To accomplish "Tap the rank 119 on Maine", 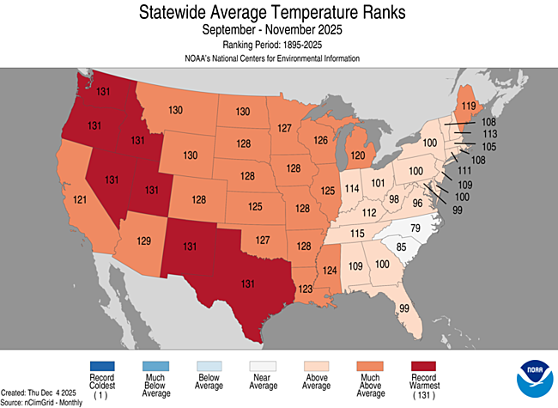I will (469, 107).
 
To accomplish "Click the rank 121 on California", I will (79, 199).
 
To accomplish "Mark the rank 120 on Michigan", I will (356, 156).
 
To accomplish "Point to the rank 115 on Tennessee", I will (357, 233).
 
